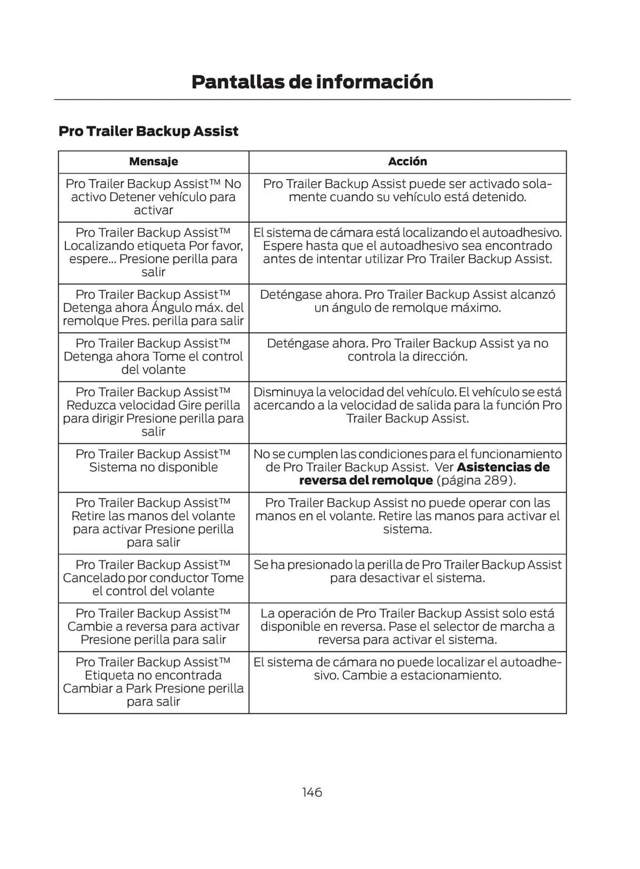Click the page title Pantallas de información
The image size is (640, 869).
[312, 82]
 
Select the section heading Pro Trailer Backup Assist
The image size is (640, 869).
[148, 131]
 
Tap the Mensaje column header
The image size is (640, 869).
[153, 162]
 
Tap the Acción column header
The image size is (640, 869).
[407, 162]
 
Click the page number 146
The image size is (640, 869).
[312, 792]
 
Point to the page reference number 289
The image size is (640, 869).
[496, 481]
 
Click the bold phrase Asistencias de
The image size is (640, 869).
[503, 468]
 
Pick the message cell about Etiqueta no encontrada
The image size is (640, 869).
[153, 682]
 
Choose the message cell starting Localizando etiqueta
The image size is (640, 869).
[153, 252]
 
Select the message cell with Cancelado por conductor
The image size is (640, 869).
[153, 578]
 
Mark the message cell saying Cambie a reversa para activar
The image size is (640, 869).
[153, 627]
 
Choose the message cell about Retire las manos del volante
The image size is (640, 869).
[153, 523]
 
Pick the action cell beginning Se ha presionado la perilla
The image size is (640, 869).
[407, 571]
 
